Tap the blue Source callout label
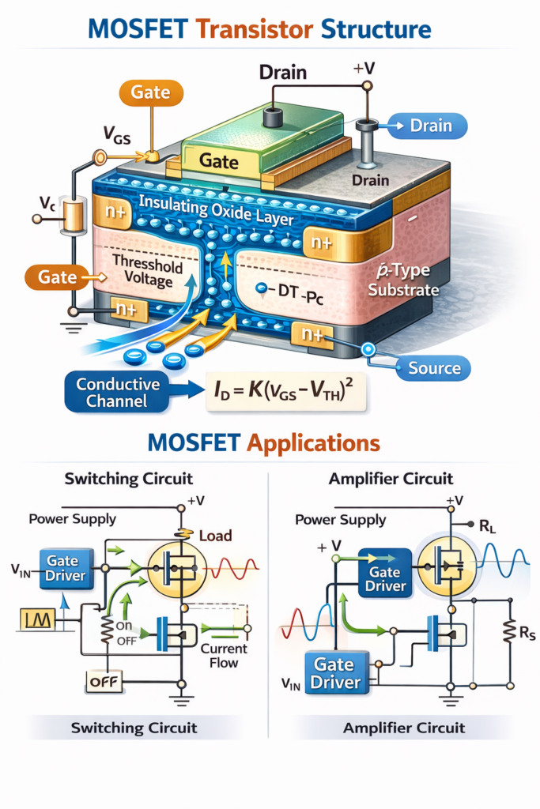[x=434, y=368]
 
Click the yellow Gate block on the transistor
[x=219, y=160]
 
